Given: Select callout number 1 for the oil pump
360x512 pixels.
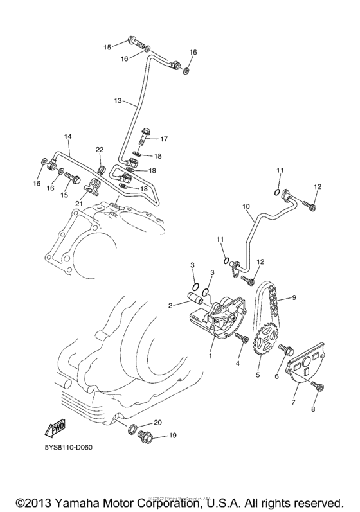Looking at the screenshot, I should click(210, 355).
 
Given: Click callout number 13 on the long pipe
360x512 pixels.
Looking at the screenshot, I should click(118, 101).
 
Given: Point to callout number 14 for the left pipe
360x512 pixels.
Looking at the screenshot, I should click(67, 137).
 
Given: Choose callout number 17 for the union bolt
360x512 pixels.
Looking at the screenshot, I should click(164, 139).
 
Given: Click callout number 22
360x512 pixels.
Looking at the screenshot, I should click(100, 150).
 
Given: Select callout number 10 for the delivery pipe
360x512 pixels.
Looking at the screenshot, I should click(246, 206).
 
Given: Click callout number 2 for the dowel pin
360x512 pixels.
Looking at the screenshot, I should click(170, 306).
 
